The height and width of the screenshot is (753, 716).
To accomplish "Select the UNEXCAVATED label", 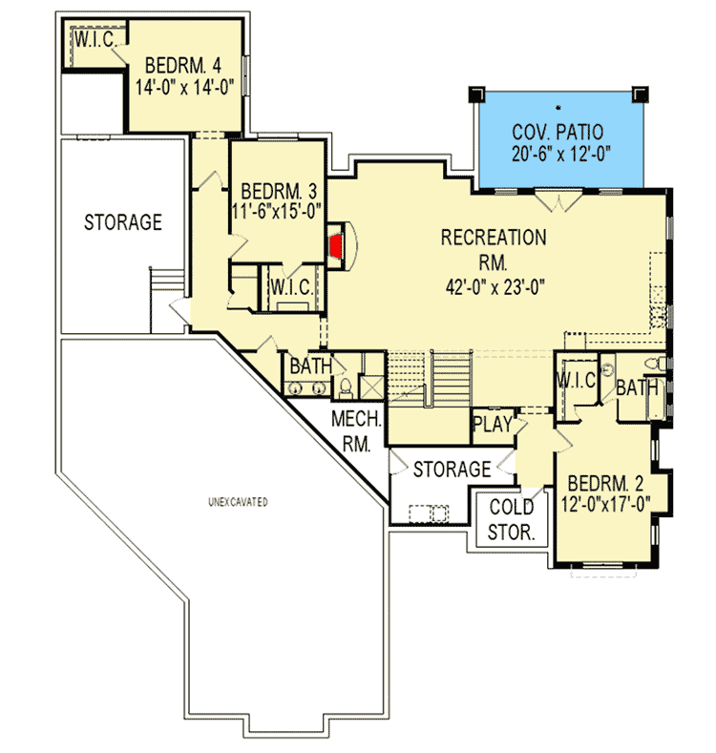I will coord(239,501).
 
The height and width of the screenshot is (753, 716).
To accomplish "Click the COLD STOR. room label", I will coord(512,520).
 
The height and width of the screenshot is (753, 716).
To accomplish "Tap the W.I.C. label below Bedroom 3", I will coord(287,286).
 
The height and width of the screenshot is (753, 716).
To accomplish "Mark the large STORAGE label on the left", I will coord(123,222).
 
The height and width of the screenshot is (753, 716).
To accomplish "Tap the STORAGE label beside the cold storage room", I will coord(452,470).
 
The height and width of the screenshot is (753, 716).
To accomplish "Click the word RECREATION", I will coord(493,237).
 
